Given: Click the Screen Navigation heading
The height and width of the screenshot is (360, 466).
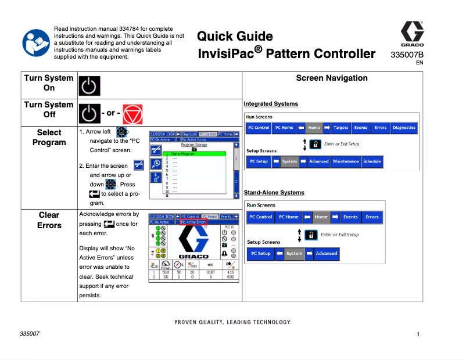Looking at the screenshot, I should (x=332, y=78).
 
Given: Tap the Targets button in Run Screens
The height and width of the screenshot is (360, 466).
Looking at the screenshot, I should (x=341, y=128).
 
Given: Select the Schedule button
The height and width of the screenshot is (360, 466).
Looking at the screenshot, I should (x=372, y=161).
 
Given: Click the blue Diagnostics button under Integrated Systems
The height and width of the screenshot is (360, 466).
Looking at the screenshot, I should (x=404, y=128).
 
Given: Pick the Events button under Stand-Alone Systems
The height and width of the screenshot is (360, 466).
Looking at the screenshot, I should (x=350, y=217).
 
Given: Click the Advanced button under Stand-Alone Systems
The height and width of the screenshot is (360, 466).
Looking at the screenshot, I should (x=326, y=253).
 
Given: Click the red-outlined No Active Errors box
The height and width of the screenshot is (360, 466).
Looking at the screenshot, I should (x=193, y=222).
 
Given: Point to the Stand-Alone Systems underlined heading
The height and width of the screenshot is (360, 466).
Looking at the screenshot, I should (x=274, y=192).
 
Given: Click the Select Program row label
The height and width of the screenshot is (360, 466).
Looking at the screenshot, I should (x=49, y=138).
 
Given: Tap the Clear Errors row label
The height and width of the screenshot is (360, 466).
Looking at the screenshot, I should (x=49, y=220).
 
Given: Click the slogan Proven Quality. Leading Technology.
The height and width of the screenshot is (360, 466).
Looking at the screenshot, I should (x=232, y=322).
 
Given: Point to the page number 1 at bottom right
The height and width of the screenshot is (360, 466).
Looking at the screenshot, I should (x=418, y=334).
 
